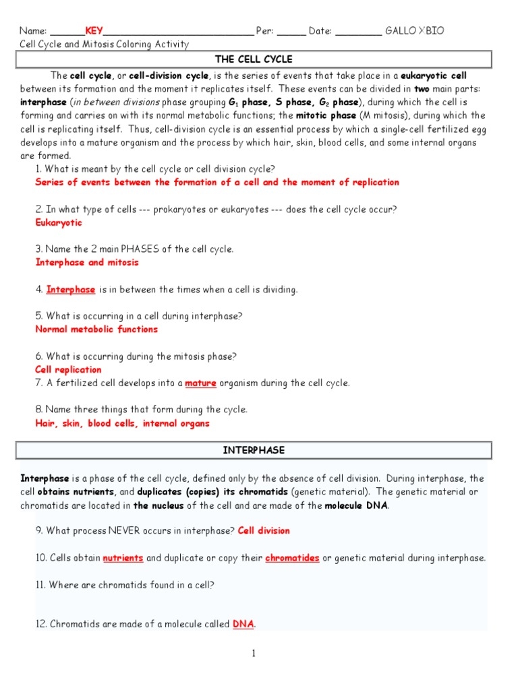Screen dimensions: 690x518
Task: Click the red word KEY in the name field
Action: (94, 31)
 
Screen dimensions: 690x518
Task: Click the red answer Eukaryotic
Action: (59, 222)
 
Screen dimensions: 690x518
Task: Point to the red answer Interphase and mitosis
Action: (87, 262)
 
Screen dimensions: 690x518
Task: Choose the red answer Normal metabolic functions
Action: (96, 330)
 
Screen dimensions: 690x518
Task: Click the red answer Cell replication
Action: (68, 369)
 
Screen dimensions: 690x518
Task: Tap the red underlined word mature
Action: (200, 383)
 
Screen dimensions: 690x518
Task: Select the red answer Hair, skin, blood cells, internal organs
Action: (122, 424)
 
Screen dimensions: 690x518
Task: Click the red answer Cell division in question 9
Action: (263, 530)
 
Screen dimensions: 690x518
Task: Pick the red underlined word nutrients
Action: (123, 558)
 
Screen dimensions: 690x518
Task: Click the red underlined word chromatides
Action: (292, 558)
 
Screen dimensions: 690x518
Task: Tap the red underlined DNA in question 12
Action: (243, 625)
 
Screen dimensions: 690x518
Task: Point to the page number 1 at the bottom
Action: (254, 654)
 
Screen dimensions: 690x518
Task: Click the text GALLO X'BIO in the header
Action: (414, 31)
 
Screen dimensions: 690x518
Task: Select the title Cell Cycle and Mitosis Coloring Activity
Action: (105, 44)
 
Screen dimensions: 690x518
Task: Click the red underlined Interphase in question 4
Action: (71, 290)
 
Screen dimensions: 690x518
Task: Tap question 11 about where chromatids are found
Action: (125, 585)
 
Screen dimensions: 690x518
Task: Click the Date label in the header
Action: (320, 31)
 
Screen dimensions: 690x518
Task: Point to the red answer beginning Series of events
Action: (217, 183)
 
